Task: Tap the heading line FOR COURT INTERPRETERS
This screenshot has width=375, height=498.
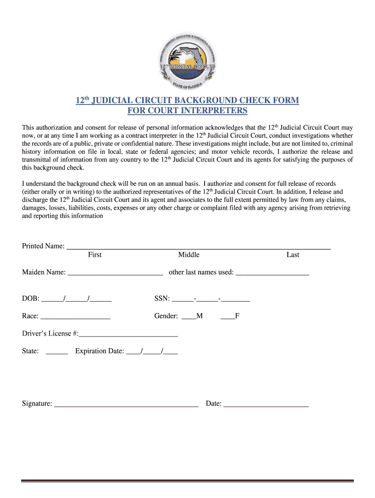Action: tap(187, 111)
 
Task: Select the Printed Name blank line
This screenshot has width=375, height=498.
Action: tap(198, 247)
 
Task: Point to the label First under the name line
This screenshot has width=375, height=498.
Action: tap(94, 255)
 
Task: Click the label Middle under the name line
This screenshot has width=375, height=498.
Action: tap(188, 255)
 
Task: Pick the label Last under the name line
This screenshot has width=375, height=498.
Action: tap(293, 255)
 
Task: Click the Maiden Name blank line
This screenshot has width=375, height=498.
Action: tap(115, 273)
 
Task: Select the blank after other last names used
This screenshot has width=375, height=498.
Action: tap(272, 273)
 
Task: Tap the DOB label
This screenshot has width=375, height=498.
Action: tap(31, 299)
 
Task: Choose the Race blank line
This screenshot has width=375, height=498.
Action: tap(75, 318)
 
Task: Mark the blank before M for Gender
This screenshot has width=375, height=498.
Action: tap(188, 318)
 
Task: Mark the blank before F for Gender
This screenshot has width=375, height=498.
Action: tap(227, 318)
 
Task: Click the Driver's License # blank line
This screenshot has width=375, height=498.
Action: tap(128, 335)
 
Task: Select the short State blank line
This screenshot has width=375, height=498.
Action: tap(56, 353)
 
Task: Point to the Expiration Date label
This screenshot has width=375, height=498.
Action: tap(99, 351)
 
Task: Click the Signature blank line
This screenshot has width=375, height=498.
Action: tap(126, 405)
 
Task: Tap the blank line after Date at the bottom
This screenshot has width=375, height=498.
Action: tap(266, 405)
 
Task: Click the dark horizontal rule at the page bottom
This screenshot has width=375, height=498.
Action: tap(187, 481)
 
